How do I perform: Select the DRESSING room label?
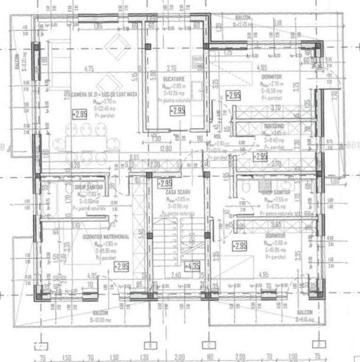click(x=273, y=127)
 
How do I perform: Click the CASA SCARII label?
click(x=177, y=192)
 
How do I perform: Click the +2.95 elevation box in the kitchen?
click(x=177, y=111)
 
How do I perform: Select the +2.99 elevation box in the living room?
click(x=80, y=114)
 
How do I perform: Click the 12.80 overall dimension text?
click(x=165, y=149)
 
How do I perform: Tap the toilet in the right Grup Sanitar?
click(x=244, y=188)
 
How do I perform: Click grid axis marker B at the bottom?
click(x=149, y=344)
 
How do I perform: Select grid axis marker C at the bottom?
click(x=206, y=344)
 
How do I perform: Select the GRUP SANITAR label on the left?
click(x=88, y=187)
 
